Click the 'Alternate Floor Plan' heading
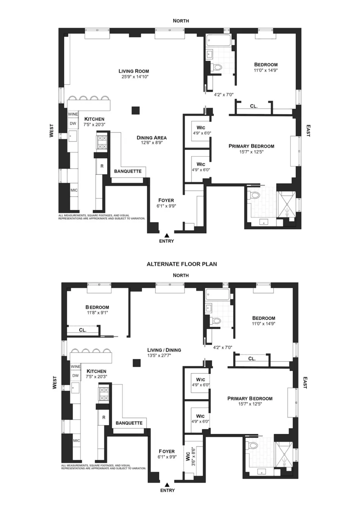click(181, 264)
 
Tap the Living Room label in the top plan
click(134, 71)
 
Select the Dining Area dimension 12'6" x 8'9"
click(152, 143)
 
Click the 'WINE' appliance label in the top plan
click(73, 114)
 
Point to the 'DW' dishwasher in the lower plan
click(76, 375)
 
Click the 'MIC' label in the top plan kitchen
click(74, 190)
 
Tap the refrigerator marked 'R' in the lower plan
click(104, 418)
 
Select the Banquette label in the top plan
click(128, 171)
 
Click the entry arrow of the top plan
click(167, 235)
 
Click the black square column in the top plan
click(136, 111)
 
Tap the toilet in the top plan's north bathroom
click(216, 67)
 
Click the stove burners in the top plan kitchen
click(102, 142)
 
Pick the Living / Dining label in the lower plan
click(164, 350)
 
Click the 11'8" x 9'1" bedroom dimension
click(98, 313)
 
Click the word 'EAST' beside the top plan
click(308, 131)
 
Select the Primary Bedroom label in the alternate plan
click(250, 398)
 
